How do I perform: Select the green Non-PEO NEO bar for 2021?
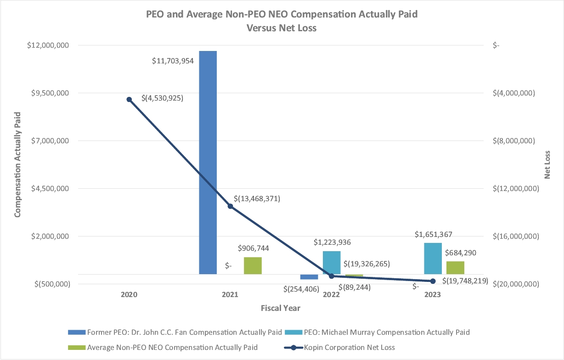tap(253, 265)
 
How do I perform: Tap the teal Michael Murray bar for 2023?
tap(433, 259)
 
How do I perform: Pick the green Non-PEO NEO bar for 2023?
tap(455, 268)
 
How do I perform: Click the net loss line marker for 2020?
tap(129, 99)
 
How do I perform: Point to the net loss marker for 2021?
tap(231, 206)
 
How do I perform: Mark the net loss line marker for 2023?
tap(433, 281)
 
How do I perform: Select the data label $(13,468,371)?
tap(257, 199)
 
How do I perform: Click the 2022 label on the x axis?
tap(331, 295)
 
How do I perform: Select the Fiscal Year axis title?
tap(281, 308)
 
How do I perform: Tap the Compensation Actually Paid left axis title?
tap(18, 164)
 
